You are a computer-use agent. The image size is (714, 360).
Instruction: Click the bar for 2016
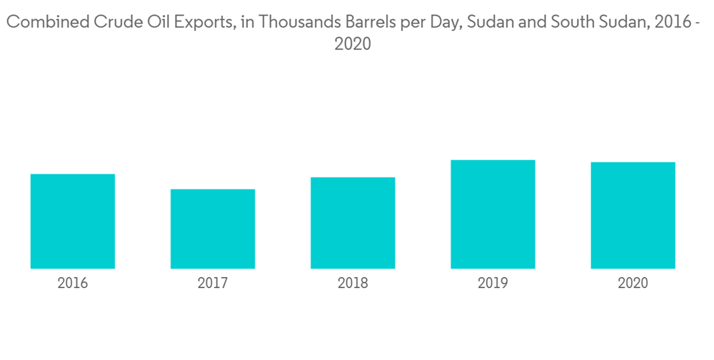point(73,221)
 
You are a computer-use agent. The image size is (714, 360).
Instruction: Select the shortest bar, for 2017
point(213,229)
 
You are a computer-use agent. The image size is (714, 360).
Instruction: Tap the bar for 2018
point(353,223)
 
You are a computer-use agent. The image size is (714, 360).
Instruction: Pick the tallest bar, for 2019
point(493,214)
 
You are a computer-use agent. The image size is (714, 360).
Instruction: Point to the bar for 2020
point(633,215)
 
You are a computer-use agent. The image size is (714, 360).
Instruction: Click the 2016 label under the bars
point(73,284)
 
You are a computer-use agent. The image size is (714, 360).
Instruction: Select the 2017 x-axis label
point(213,284)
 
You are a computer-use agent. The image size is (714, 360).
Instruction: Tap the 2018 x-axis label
point(353,284)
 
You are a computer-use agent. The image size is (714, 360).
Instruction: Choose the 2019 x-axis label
point(493,284)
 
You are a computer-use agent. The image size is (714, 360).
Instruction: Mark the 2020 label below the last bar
point(633,284)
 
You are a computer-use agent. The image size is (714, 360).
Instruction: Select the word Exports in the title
point(196,23)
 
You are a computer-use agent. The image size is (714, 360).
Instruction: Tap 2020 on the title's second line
point(353,44)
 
